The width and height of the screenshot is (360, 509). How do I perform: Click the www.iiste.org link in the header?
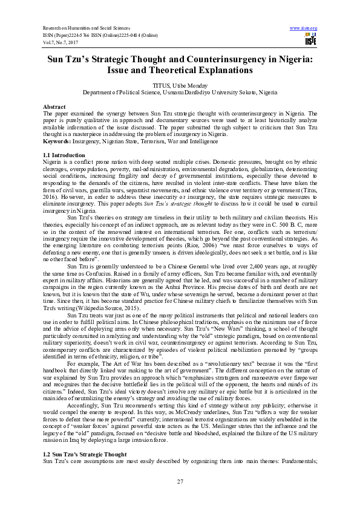pos(304,28)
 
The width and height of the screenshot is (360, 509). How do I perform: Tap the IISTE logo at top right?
pos(311,40)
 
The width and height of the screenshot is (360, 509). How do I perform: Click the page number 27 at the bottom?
pos(180,481)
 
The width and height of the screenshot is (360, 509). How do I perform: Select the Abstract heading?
pos(54,105)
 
